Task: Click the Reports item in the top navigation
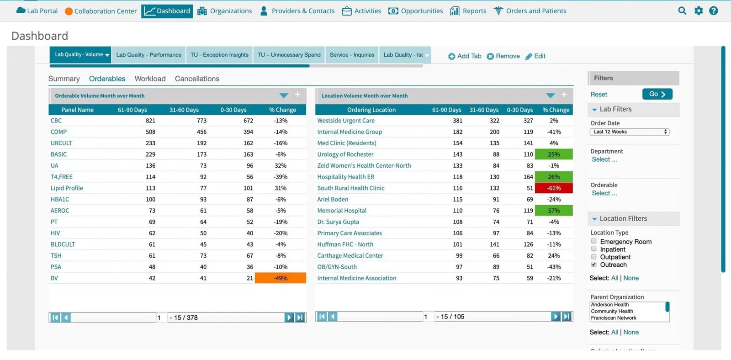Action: click(x=468, y=11)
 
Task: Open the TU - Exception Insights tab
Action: click(x=219, y=55)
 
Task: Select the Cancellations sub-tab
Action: click(x=197, y=79)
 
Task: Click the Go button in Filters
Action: click(x=657, y=94)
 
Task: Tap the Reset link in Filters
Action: click(x=599, y=94)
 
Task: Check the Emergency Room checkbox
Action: click(x=593, y=241)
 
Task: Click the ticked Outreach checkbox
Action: click(x=593, y=265)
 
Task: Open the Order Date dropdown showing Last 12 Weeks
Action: click(x=630, y=132)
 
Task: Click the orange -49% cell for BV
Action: click(x=281, y=278)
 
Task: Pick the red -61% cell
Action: click(x=554, y=188)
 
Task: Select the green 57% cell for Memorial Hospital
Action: click(x=554, y=211)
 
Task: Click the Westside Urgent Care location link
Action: click(x=346, y=121)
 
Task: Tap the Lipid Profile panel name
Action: click(x=67, y=188)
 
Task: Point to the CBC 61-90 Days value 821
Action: click(x=150, y=121)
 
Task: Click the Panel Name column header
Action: click(x=77, y=110)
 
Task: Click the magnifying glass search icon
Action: click(x=682, y=11)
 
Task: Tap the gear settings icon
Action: click(x=699, y=11)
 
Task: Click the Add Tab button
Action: click(x=465, y=56)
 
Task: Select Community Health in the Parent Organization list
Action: click(x=612, y=312)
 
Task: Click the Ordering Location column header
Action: click(x=371, y=110)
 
